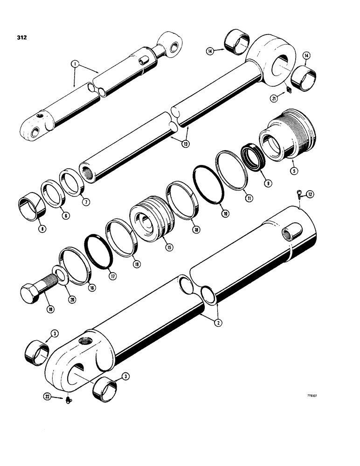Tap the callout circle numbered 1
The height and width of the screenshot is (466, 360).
click(74, 62)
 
